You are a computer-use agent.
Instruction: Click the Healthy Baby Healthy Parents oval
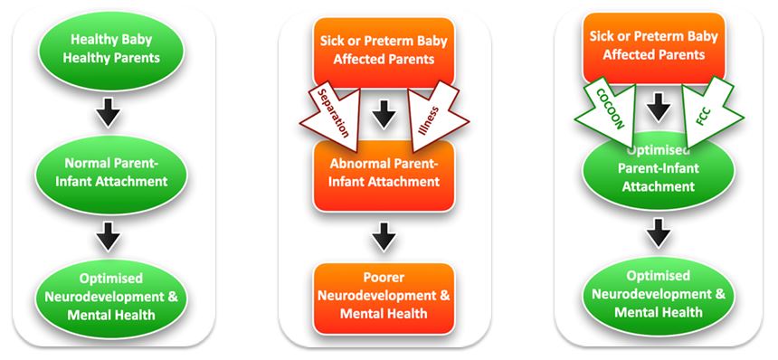(x=111, y=49)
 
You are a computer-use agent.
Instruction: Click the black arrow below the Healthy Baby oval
(x=109, y=111)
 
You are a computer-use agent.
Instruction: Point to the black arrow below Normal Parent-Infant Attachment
(x=109, y=236)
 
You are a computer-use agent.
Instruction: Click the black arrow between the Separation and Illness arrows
(x=384, y=114)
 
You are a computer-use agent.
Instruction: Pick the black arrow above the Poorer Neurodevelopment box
(x=384, y=237)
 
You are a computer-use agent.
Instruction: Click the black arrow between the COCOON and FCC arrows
(x=659, y=107)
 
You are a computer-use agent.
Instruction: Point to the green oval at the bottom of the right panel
(x=658, y=295)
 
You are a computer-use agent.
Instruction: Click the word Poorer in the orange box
(x=384, y=279)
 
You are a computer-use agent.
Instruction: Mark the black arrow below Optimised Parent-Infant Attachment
(x=659, y=233)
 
